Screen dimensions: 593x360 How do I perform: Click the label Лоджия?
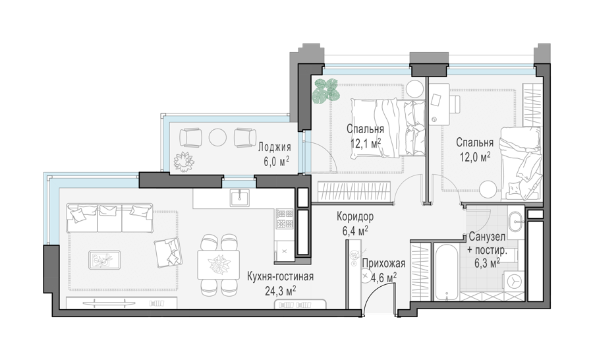tap(275, 147)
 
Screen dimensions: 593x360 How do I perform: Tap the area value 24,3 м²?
tap(280, 291)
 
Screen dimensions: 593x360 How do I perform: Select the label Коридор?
tap(355, 216)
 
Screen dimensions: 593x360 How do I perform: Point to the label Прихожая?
tap(383, 264)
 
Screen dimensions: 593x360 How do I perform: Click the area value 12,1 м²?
tap(365, 144)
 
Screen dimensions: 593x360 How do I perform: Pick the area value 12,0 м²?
tap(475, 156)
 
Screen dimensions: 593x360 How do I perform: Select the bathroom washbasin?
tap(515, 222)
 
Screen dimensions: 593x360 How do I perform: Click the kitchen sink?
tap(240, 197)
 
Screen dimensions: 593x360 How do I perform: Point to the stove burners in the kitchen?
tap(285, 219)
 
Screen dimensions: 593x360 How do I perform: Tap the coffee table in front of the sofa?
tap(105, 260)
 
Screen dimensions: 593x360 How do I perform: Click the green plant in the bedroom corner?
tap(325, 91)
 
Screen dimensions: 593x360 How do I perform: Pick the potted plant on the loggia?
tap(184, 162)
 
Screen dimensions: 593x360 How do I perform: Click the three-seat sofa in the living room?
tap(109, 218)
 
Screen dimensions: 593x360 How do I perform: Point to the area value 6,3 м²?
tap(488, 262)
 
